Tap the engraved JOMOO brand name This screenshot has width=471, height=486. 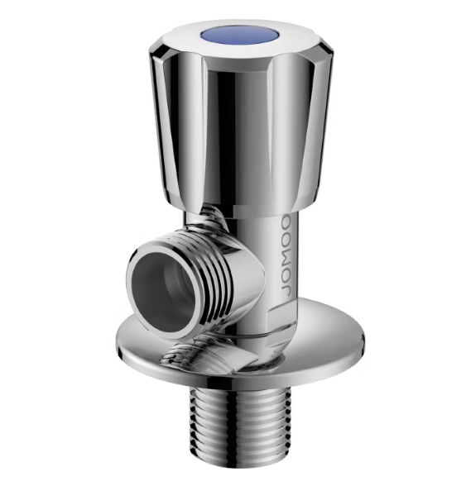pyautogui.click(x=286, y=256)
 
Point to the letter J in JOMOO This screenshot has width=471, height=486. pyautogui.click(x=286, y=290)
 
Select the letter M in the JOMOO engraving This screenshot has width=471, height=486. pyautogui.click(x=286, y=256)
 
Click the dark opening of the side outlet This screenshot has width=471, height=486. pyautogui.click(x=162, y=280)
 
